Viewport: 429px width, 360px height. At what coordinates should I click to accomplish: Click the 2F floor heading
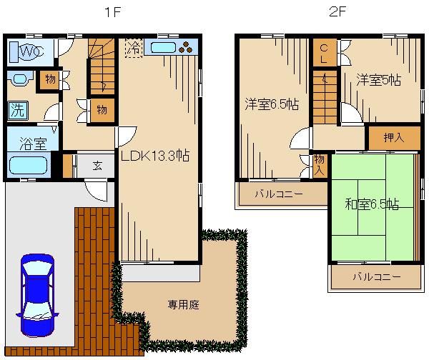pyautogui.click(x=337, y=12)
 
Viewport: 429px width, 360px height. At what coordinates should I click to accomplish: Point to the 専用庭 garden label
pyautogui.click(x=183, y=305)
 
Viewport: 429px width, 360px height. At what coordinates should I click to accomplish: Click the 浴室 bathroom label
pyautogui.click(x=27, y=141)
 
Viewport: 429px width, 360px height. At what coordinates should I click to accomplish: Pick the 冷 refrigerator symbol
pyautogui.click(x=133, y=49)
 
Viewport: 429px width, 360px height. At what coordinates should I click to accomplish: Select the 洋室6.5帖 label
pyautogui.click(x=272, y=104)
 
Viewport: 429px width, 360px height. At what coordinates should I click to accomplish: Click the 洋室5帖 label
pyautogui.click(x=378, y=81)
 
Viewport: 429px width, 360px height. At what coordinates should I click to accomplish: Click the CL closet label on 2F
pyautogui.click(x=324, y=54)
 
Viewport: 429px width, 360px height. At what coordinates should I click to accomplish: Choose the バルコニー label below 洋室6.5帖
pyautogui.click(x=279, y=194)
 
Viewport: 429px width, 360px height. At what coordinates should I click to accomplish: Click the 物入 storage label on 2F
pyautogui.click(x=320, y=165)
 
